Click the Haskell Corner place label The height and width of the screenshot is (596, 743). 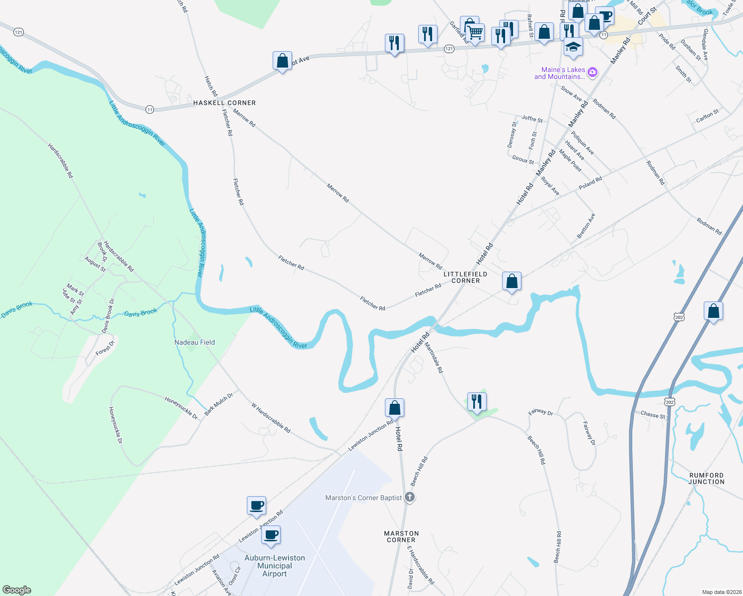tap(224, 103)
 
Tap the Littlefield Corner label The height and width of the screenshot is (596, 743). tap(465, 277)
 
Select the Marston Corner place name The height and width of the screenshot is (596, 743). tap(401, 536)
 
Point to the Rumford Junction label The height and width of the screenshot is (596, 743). tap(706, 478)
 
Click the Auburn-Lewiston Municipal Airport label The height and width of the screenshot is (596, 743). tap(275, 566)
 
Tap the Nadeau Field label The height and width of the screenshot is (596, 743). tap(195, 342)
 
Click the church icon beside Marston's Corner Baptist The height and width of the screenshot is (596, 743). tap(409, 497)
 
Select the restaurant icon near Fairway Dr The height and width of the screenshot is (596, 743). tap(476, 401)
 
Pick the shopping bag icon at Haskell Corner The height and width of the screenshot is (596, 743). tap(282, 61)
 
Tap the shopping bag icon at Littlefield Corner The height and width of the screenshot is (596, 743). tap(512, 281)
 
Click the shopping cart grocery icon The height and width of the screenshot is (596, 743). tap(475, 33)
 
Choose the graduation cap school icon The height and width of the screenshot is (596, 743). tap(573, 47)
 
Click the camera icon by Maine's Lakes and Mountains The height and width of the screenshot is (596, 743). tap(593, 73)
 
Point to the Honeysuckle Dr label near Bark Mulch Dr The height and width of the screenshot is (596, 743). tap(181, 407)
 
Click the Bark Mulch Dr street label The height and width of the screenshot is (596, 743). tap(219, 403)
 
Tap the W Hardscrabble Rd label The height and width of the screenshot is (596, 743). tap(271, 418)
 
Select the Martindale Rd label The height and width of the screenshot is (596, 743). tap(434, 356)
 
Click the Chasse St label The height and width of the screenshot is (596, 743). tap(653, 414)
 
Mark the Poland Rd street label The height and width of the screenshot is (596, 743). tap(590, 183)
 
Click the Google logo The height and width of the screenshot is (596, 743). tap(17, 590)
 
